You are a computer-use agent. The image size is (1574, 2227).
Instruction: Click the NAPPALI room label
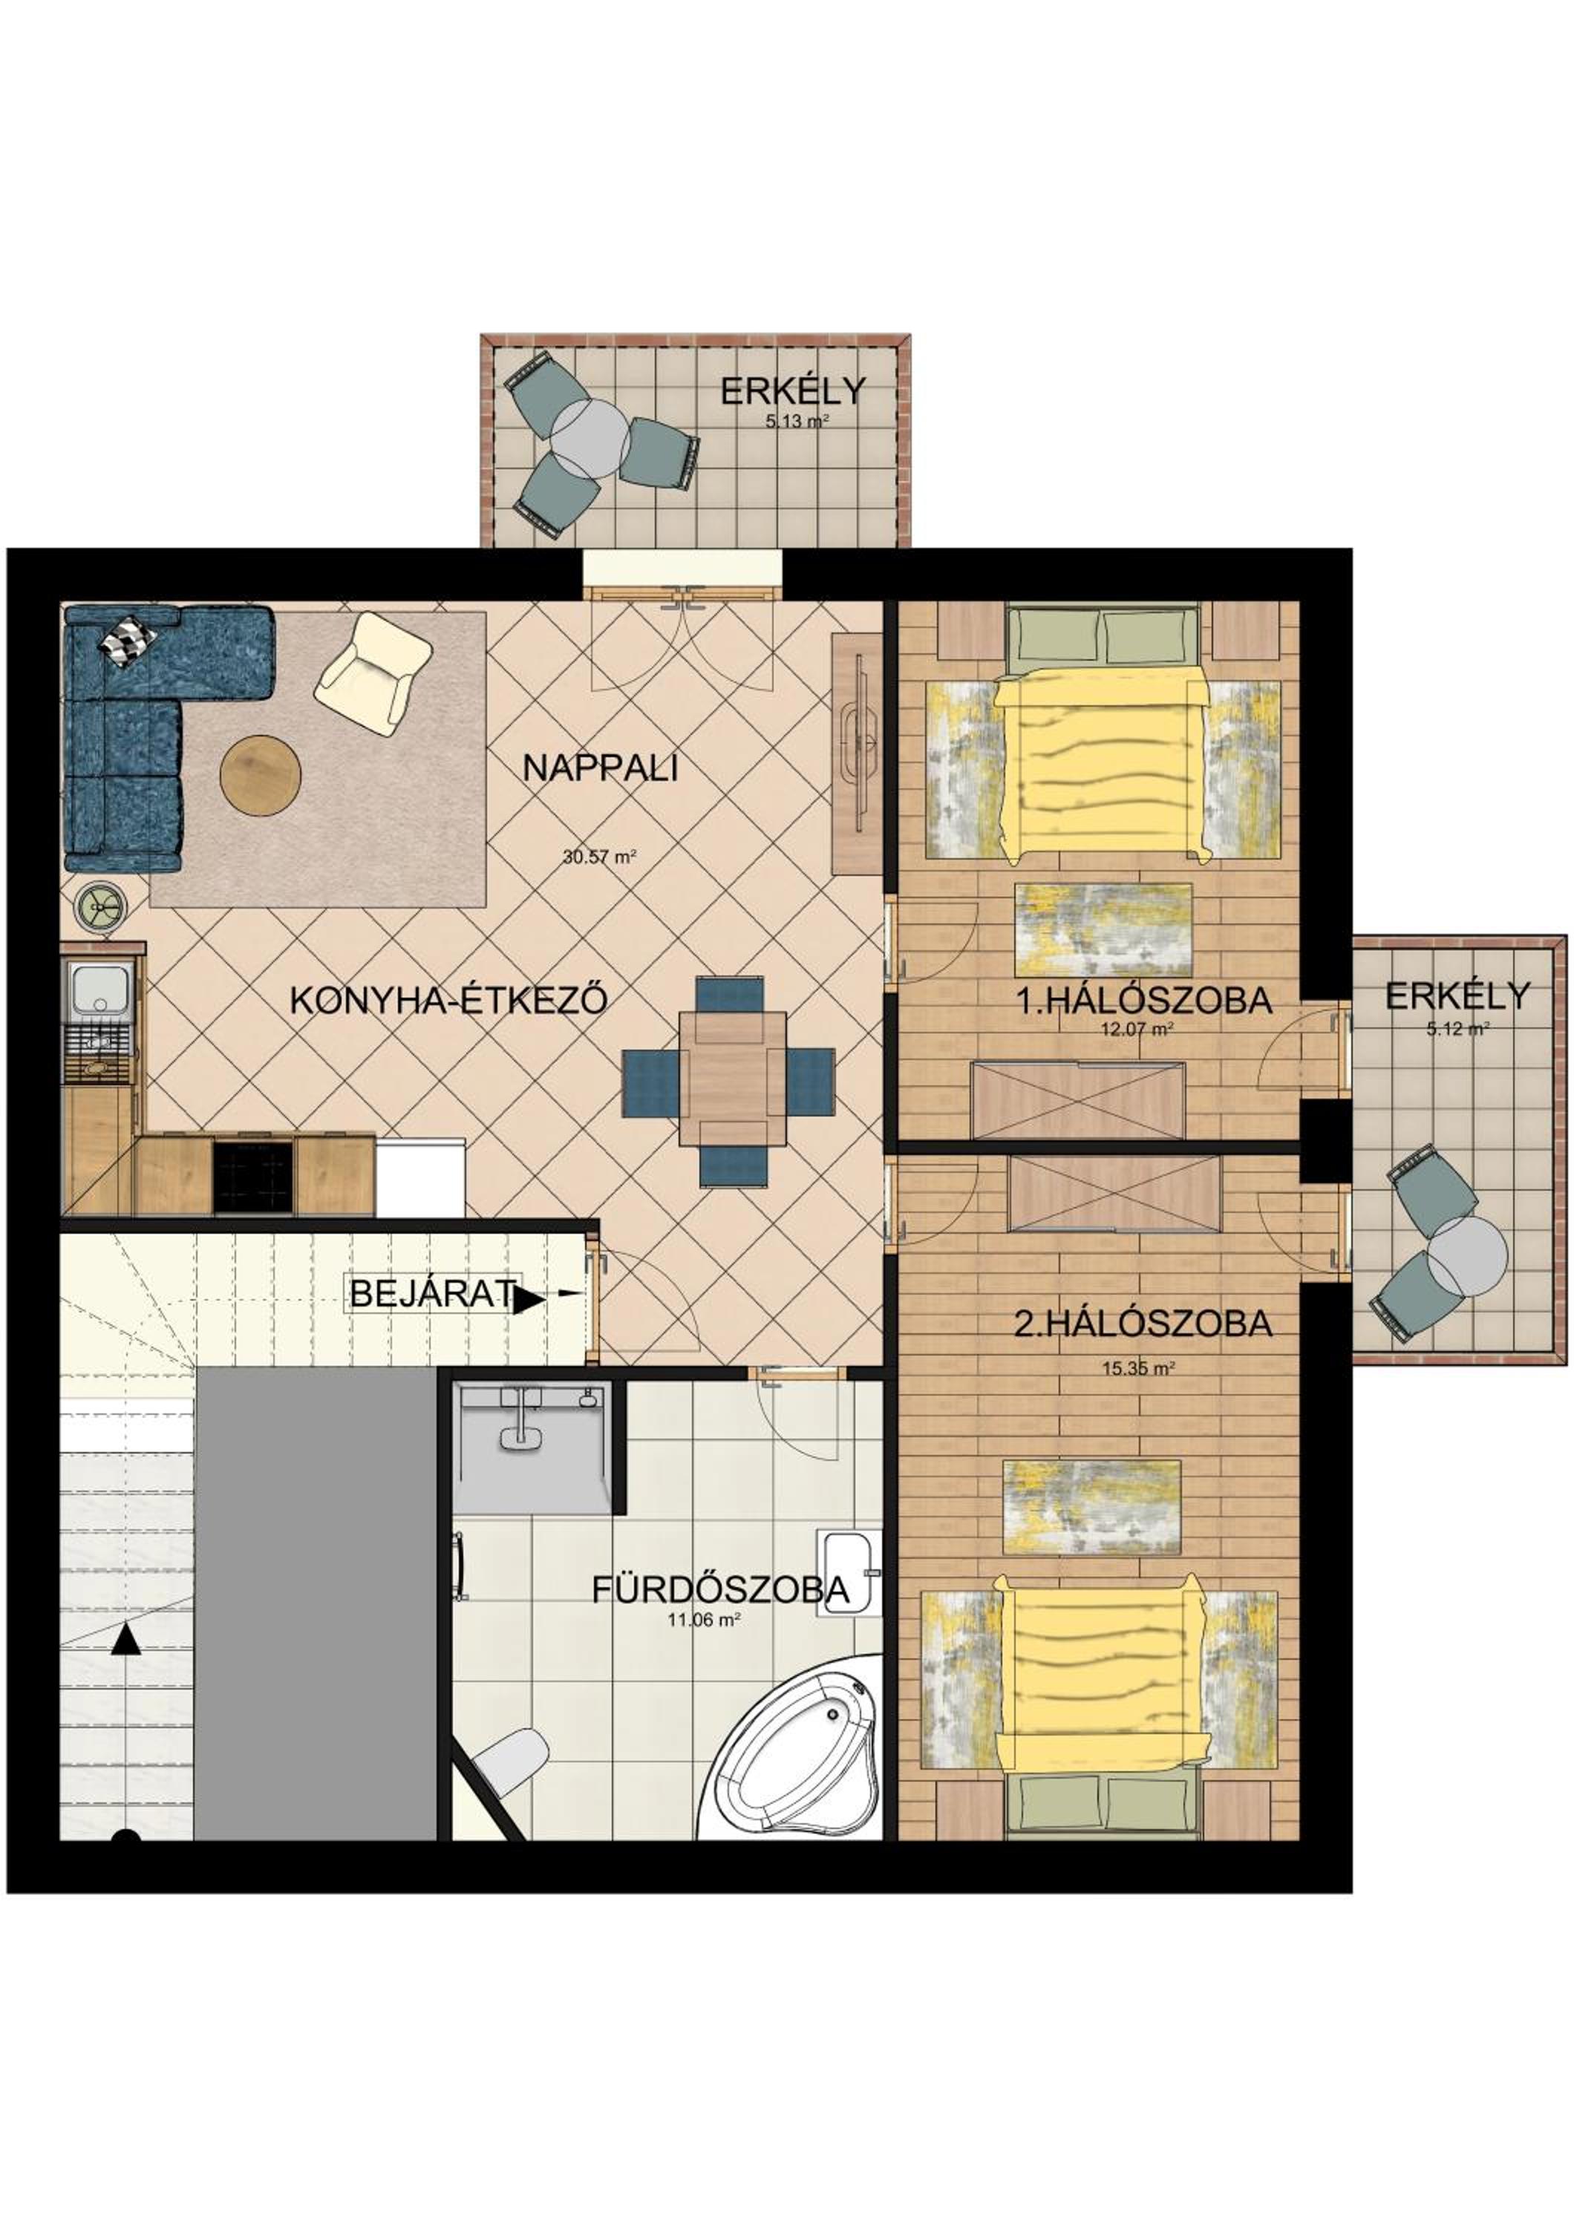(599, 768)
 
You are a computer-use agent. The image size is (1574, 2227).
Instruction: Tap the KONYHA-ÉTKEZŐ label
(449, 1000)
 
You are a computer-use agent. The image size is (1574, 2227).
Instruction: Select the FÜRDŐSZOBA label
(721, 1590)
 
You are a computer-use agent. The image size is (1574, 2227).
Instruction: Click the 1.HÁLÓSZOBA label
(1143, 1000)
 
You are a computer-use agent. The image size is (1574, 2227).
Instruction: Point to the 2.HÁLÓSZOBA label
(1143, 1323)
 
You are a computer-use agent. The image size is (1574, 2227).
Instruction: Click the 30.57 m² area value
(598, 857)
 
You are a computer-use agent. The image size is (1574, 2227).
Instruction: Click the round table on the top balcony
(590, 439)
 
